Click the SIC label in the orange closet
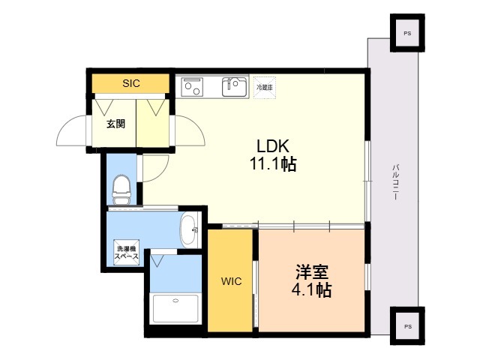click(x=131, y=83)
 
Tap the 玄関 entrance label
click(x=115, y=124)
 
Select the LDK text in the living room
click(x=273, y=146)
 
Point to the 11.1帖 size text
click(x=273, y=163)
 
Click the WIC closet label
click(x=231, y=281)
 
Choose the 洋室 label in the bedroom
click(x=312, y=271)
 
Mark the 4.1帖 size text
click(x=312, y=289)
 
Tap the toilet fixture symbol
click(x=121, y=190)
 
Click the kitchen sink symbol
click(x=235, y=87)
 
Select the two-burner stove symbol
click(x=192, y=87)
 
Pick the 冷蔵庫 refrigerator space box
click(x=265, y=87)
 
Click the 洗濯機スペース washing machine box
click(x=126, y=253)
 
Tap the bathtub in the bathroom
click(x=175, y=308)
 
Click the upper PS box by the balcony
click(x=407, y=33)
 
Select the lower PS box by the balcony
click(x=407, y=326)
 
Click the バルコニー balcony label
click(x=395, y=182)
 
